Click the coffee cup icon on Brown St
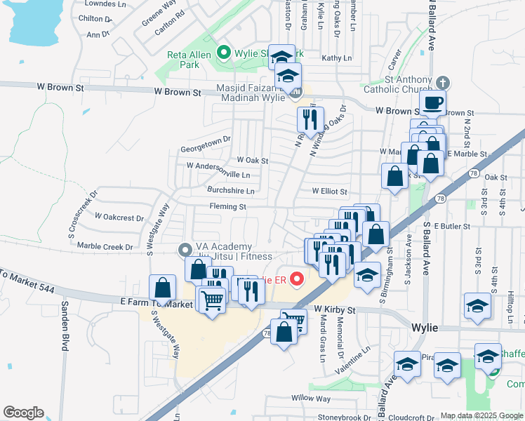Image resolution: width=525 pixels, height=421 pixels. (x=432, y=102)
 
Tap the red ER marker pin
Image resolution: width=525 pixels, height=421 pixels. (x=296, y=280)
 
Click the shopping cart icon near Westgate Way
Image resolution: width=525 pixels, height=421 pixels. (x=211, y=300)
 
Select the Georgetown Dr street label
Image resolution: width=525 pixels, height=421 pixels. (x=205, y=140)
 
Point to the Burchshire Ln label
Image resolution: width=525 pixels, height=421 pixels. (x=230, y=190)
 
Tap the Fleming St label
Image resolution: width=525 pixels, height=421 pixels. (x=227, y=207)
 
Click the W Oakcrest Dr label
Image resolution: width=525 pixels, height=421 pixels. (x=119, y=217)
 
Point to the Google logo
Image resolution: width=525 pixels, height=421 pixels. (x=22, y=413)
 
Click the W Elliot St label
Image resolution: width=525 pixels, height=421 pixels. (x=330, y=191)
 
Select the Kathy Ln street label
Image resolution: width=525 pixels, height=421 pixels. (x=335, y=58)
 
